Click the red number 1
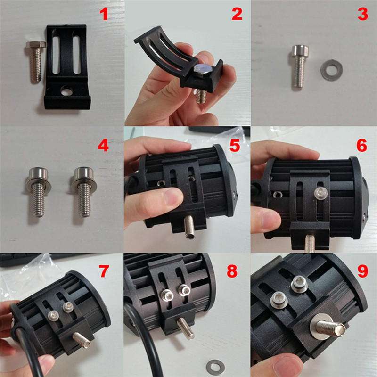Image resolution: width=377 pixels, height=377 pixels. point(104,14)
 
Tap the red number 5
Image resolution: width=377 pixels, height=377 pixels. point(235,146)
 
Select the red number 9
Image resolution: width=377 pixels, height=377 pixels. point(363,271)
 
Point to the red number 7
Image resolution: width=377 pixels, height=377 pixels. point(104,271)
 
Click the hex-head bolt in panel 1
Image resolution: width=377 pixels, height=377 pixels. point(36,62)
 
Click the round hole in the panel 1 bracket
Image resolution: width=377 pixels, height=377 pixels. point(67,91)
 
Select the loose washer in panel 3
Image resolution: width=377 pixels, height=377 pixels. point(331,70)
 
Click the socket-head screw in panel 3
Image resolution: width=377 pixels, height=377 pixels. point(299,66)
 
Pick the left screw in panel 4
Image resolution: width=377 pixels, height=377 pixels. point(39,192)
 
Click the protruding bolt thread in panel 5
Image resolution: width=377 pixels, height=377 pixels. point(189,227)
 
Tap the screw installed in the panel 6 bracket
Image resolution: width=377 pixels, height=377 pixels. point(321,192)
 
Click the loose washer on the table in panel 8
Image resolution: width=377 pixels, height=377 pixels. point(215,367)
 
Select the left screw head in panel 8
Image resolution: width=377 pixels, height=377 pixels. point(167,295)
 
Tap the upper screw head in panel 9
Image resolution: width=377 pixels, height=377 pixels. point(299,284)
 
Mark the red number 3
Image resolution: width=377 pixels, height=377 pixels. point(363,14)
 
